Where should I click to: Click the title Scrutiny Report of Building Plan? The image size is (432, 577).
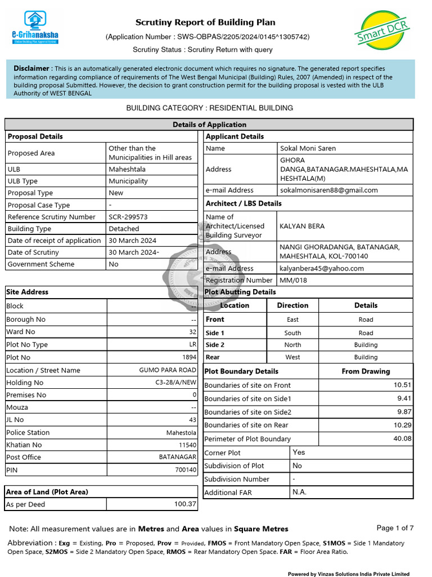click(x=205, y=23)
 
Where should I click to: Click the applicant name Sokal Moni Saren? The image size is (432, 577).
click(x=308, y=148)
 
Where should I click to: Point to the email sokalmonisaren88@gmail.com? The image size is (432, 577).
click(x=328, y=190)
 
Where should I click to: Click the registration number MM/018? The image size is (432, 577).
click(x=293, y=280)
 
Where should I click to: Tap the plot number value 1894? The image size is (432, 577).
click(x=189, y=357)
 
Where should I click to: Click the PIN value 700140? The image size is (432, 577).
click(x=186, y=469)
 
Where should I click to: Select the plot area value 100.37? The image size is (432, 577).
click(x=185, y=504)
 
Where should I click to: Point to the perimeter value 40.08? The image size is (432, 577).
click(x=403, y=438)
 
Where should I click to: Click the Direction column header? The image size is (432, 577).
click(x=292, y=305)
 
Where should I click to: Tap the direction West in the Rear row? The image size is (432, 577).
click(x=292, y=357)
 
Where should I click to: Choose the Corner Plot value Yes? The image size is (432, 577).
click(x=299, y=452)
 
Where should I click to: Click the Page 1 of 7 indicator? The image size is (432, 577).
click(x=395, y=528)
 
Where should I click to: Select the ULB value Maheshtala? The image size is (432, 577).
click(x=127, y=169)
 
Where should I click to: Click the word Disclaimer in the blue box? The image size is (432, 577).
click(x=31, y=68)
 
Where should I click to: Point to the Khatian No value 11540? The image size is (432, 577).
click(x=187, y=445)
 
